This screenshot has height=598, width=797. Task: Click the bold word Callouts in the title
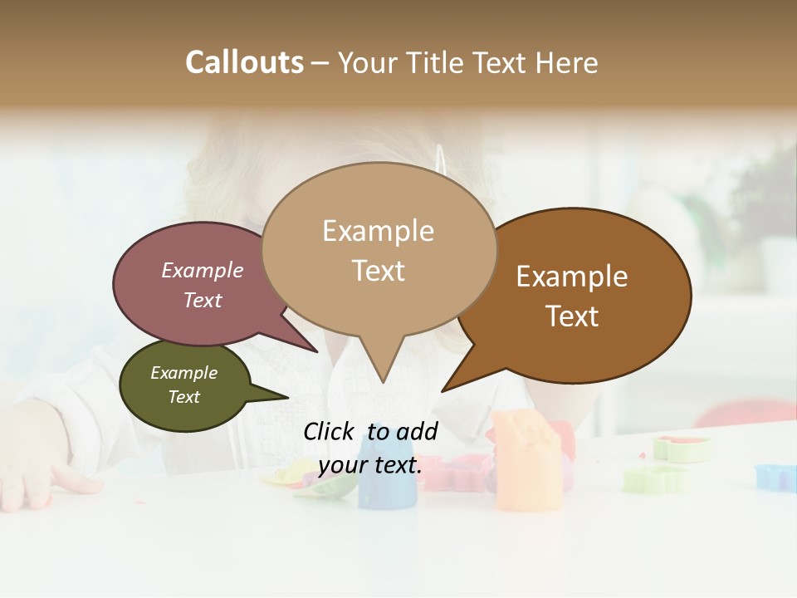coord(244,62)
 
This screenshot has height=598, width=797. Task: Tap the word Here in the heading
coord(569,62)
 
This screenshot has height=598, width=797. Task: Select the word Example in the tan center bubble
coord(378,231)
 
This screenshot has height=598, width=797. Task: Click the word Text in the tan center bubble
coord(378,271)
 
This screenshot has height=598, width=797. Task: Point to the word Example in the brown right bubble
coord(572,277)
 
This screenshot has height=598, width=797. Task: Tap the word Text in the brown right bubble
coord(572,316)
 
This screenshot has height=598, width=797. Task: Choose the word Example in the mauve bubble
coord(203,271)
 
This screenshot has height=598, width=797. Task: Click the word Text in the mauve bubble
coord(203,300)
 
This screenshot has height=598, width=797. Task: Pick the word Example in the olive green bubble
coord(183,373)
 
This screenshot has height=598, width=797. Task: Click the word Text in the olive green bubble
coord(183,397)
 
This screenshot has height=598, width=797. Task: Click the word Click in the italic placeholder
coord(329,431)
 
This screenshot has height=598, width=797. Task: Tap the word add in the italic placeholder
coord(417,431)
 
